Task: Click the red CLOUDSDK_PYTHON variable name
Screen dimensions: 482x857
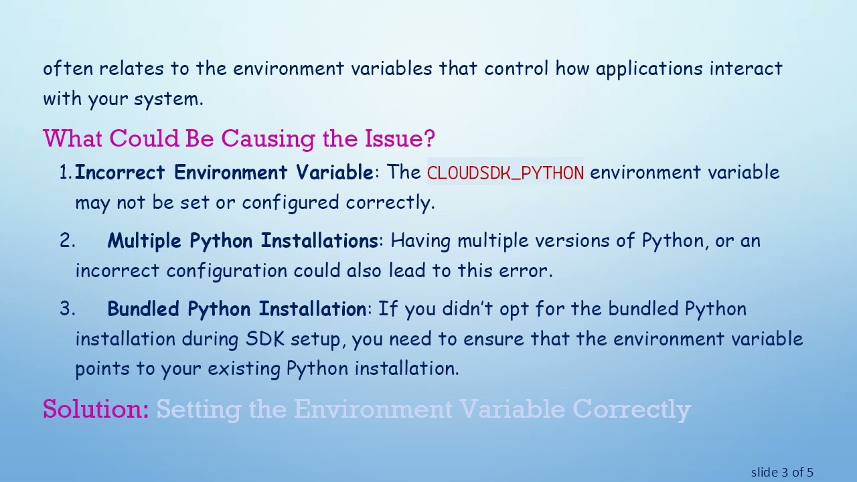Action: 505,173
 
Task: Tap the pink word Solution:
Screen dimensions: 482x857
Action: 96,409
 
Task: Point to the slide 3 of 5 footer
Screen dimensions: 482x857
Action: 782,473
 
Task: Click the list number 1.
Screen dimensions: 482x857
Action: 65,173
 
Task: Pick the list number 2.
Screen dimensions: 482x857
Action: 66,241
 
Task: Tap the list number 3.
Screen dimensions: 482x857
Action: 66,309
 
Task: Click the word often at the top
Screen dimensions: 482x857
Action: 68,68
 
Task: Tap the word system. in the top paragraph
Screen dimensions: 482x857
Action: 168,99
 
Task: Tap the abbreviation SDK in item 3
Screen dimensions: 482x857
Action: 265,339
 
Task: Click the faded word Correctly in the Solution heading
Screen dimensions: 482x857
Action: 631,409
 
